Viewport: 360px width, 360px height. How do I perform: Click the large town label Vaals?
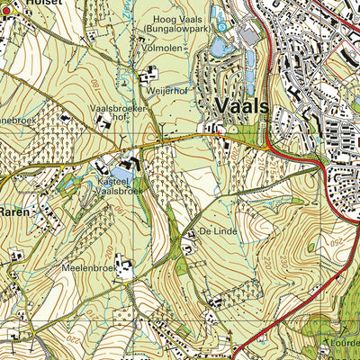[242, 106]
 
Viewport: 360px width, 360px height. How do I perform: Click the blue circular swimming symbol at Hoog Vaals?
[221, 27]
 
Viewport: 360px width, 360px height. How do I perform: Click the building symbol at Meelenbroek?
[123, 266]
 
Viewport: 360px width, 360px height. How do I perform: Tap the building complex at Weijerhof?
[150, 73]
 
